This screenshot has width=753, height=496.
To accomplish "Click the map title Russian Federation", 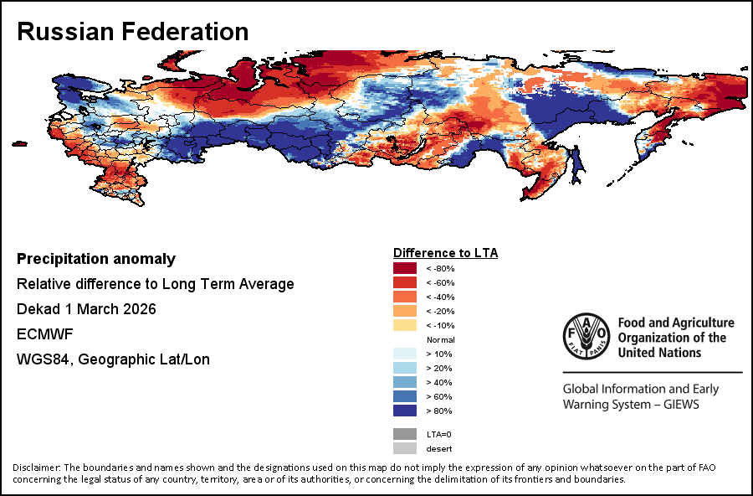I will click(132, 32).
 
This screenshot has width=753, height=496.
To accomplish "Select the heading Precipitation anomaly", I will click(96, 259).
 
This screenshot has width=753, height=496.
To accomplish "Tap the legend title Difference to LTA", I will click(445, 252).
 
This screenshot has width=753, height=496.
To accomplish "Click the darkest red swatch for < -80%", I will click(405, 268).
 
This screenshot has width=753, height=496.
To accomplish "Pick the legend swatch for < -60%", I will click(405, 282).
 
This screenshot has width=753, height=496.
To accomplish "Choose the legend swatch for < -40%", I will click(405, 297).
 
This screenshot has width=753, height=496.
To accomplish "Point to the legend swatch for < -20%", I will click(405, 311).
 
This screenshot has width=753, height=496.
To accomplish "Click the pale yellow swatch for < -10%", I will click(405, 325).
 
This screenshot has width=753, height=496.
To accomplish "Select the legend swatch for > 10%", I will click(405, 354).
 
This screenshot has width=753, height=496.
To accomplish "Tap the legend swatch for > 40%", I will click(405, 382).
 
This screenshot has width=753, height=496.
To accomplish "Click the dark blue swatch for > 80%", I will click(405, 411).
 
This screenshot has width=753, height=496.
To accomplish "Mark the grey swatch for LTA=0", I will click(405, 434).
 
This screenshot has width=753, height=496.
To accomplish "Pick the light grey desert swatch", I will click(405, 448).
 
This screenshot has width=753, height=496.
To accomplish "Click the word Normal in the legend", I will click(440, 339).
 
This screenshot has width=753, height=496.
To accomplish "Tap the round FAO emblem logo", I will click(586, 336).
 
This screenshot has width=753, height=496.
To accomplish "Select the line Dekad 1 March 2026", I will click(86, 309).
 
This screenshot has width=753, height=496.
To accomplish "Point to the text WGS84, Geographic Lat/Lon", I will click(113, 359).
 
